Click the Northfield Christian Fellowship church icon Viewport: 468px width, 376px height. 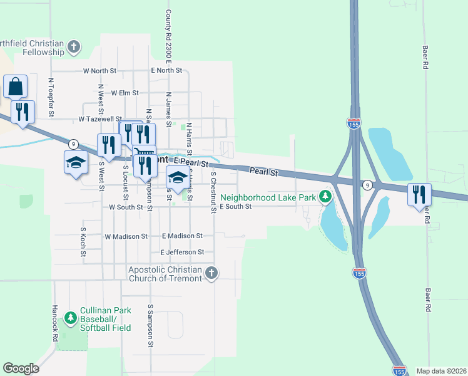click(x=74, y=47)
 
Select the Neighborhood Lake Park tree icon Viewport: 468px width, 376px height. click(x=325, y=197)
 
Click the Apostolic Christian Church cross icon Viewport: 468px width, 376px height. click(x=211, y=273)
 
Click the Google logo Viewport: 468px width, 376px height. click(x=21, y=368)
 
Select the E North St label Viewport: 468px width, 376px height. click(x=166, y=71)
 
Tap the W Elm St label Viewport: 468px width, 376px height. click(x=125, y=93)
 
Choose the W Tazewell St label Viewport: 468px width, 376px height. click(x=100, y=118)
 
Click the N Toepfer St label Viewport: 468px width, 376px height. click(x=52, y=97)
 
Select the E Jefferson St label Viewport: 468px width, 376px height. click(x=182, y=252)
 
